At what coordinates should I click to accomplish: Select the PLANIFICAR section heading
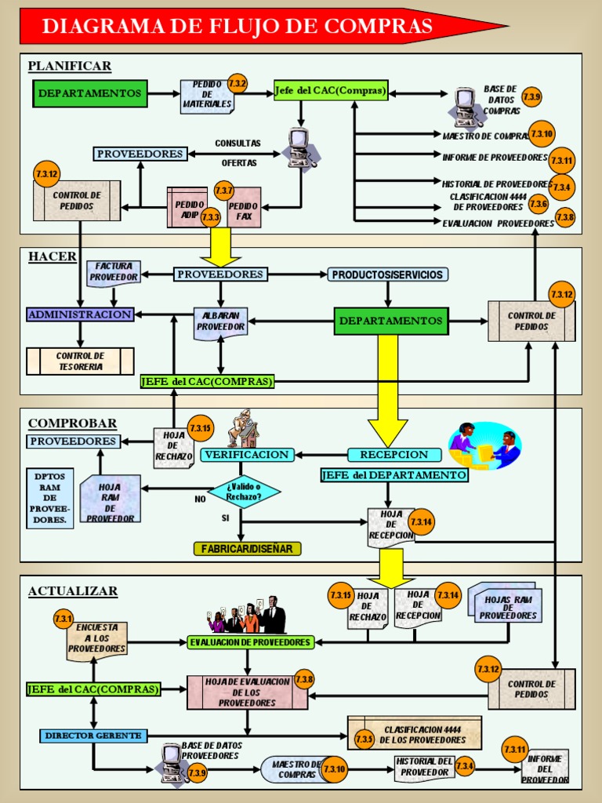(x=70, y=66)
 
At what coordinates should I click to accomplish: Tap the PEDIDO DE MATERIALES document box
(x=206, y=96)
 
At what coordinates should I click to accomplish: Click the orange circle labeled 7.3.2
(x=238, y=83)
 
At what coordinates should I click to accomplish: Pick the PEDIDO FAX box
(x=244, y=209)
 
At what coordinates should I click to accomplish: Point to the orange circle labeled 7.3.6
(x=538, y=204)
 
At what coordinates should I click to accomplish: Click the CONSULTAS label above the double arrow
(x=238, y=144)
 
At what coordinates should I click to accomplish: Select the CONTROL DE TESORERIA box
(x=80, y=362)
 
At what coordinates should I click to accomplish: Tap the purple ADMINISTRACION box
(x=79, y=314)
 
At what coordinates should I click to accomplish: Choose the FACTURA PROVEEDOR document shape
(x=114, y=272)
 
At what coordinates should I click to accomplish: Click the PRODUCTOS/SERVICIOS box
(x=388, y=274)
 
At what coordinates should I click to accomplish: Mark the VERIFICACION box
(x=247, y=455)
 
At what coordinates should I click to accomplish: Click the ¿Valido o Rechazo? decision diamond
(x=244, y=491)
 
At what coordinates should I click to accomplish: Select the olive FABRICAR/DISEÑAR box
(x=247, y=549)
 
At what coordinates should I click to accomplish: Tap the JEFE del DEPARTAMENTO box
(x=394, y=475)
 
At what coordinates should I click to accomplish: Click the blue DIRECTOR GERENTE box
(x=92, y=736)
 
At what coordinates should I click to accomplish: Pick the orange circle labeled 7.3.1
(x=63, y=620)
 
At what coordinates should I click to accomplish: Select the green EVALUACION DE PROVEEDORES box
(x=250, y=642)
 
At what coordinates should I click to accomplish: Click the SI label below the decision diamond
(x=225, y=518)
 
